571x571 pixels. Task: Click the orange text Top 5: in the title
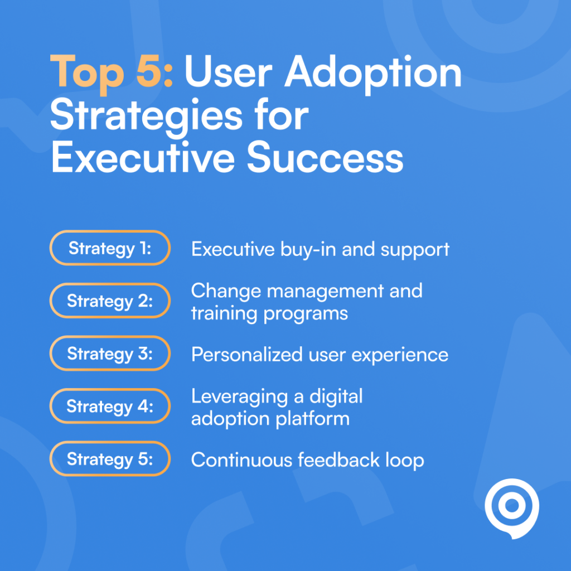tap(112, 73)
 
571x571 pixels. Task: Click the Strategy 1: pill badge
tap(110, 248)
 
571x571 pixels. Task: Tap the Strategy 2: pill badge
tap(110, 301)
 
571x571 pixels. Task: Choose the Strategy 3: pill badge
tap(110, 354)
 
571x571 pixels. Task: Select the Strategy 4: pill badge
tap(110, 407)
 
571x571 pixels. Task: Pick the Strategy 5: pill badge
tap(110, 459)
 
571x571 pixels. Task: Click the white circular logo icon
tap(511, 507)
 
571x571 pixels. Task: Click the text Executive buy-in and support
tap(320, 249)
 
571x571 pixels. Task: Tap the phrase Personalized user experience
tap(320, 355)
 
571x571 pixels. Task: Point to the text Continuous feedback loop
tap(307, 460)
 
